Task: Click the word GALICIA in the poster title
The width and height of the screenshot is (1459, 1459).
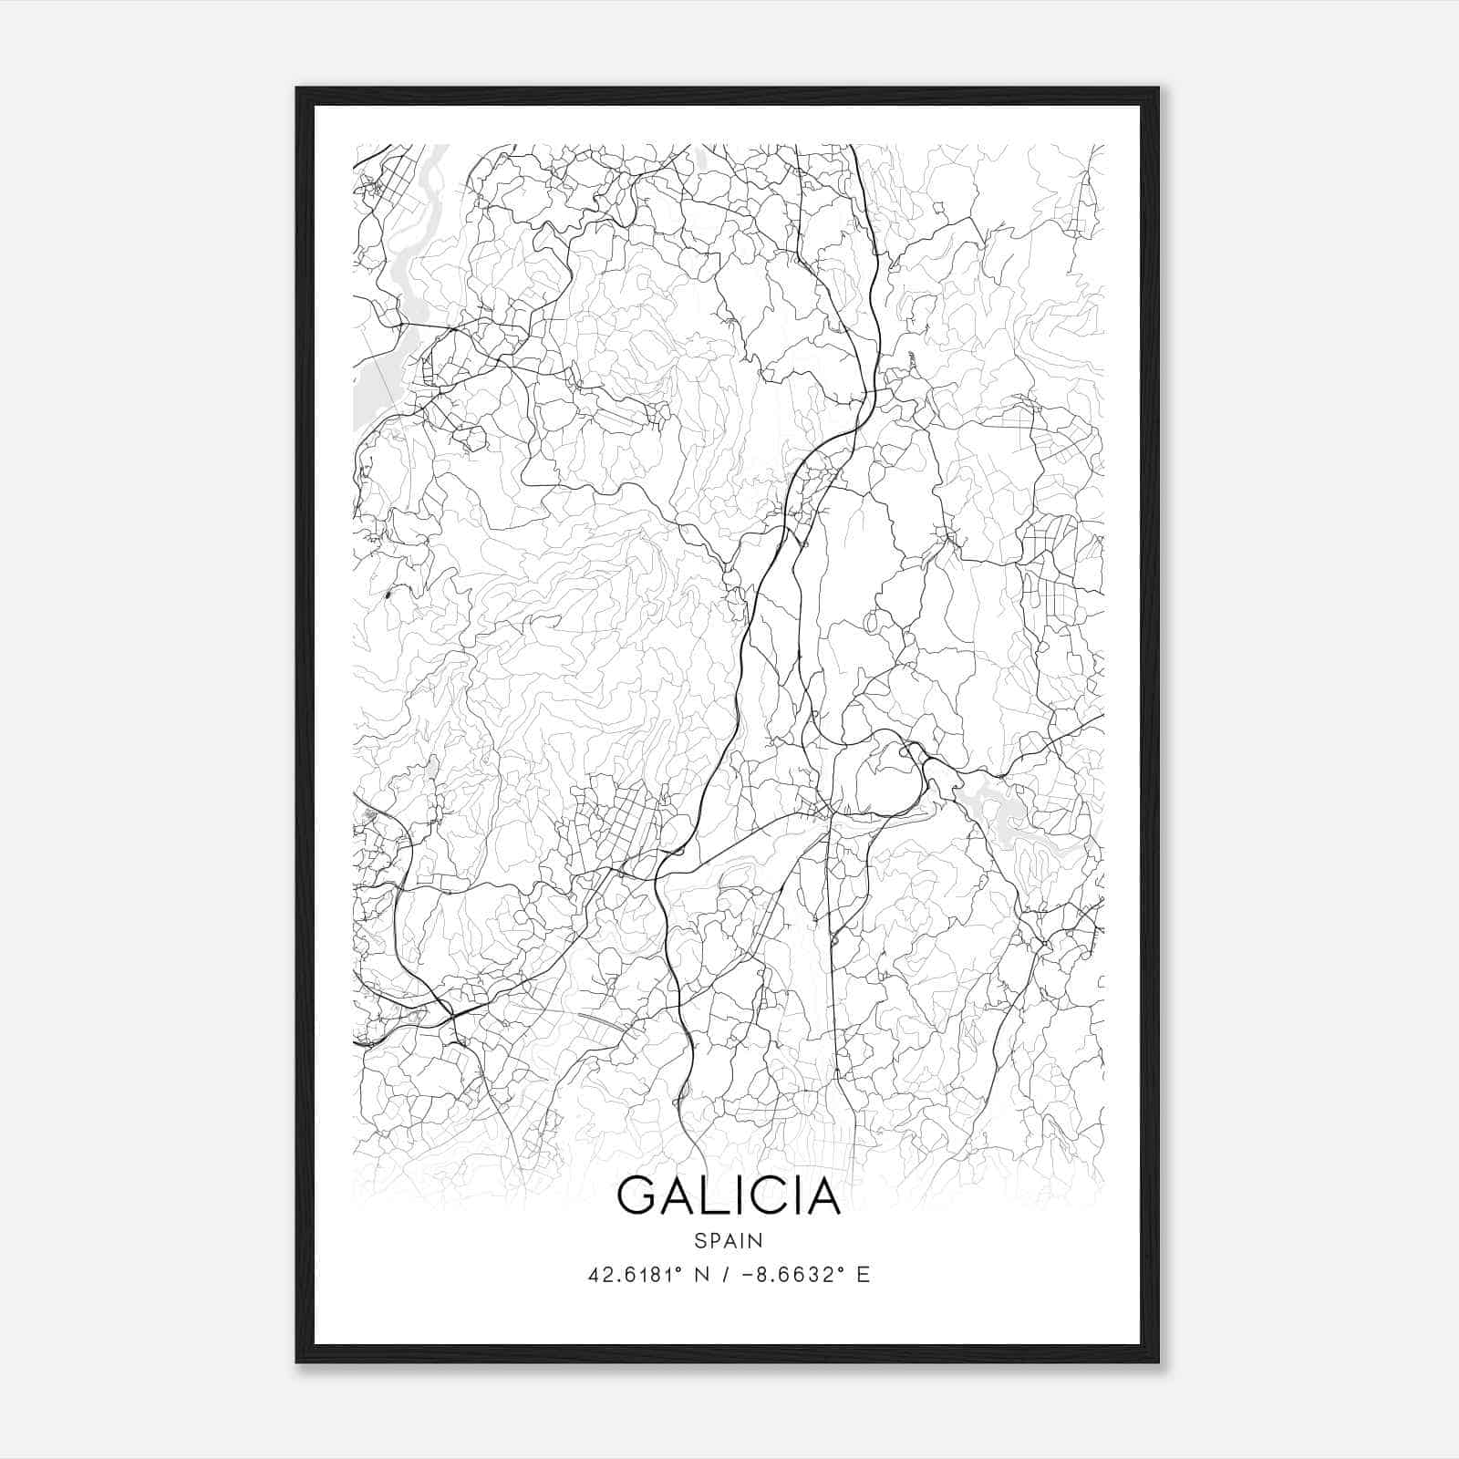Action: click(729, 1195)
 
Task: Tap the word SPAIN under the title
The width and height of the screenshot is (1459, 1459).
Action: click(729, 1240)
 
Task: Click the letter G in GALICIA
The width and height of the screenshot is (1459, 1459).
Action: click(637, 1195)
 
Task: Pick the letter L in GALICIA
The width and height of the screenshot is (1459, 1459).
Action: click(713, 1195)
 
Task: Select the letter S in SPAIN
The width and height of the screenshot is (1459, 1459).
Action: click(699, 1240)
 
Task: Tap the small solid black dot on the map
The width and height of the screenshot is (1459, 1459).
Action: click(388, 595)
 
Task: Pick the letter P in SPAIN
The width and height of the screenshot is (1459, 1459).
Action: click(714, 1240)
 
